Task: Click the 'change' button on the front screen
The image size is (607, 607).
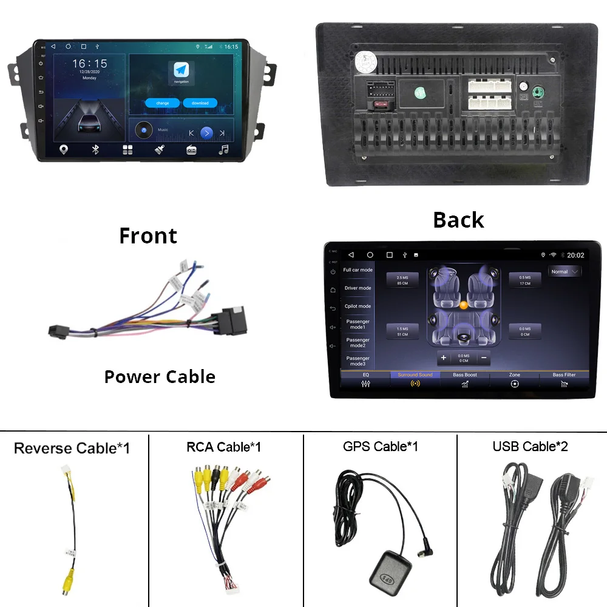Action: (163, 103)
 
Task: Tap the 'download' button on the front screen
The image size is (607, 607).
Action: (200, 103)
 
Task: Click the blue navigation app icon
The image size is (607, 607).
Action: (181, 70)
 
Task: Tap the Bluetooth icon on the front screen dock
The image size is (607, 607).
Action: (95, 149)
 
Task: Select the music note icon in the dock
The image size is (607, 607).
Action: (223, 149)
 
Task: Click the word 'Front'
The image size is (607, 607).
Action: (148, 236)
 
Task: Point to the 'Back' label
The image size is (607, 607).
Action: (458, 220)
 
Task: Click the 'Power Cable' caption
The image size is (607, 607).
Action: (160, 377)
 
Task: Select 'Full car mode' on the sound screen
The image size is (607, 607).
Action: (358, 270)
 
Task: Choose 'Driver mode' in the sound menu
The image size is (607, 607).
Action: (358, 288)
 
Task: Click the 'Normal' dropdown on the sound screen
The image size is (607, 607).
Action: (565, 272)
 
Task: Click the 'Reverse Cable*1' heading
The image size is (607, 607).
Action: (72, 449)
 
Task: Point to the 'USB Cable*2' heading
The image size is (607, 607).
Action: (530, 447)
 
